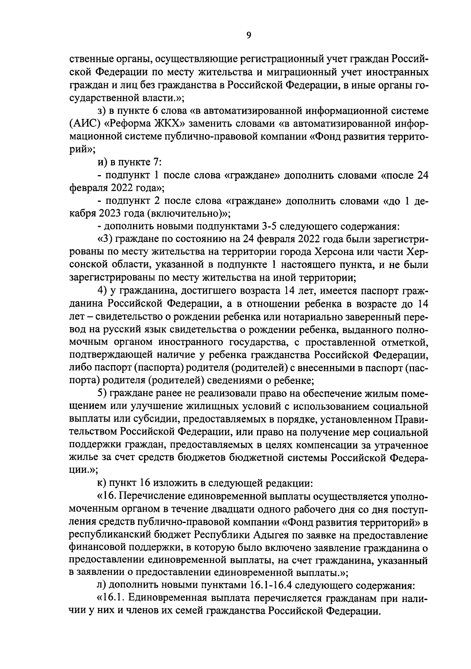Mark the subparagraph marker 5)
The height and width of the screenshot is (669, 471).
point(102,393)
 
